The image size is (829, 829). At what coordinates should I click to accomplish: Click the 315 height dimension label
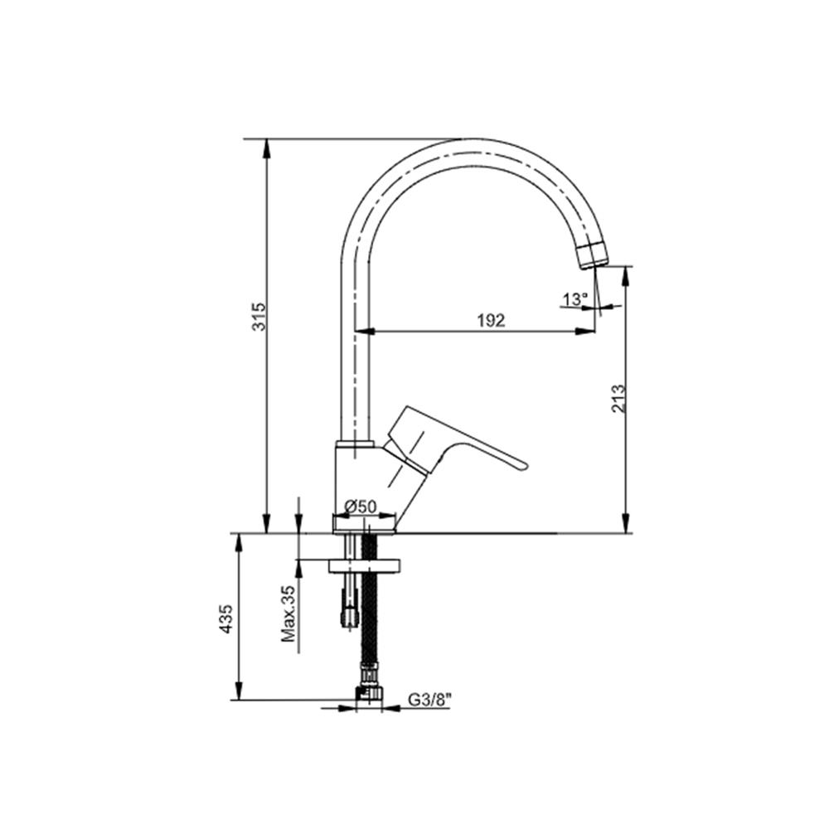click(259, 316)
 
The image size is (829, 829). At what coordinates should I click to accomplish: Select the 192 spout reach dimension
click(491, 320)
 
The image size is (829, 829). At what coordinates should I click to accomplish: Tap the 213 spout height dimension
click(618, 399)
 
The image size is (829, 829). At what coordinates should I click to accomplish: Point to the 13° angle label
click(575, 299)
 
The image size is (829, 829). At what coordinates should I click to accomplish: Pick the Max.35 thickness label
click(288, 613)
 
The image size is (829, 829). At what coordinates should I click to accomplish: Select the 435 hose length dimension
click(226, 618)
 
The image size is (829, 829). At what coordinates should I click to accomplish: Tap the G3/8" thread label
click(429, 700)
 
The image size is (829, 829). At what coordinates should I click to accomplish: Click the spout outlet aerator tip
click(594, 256)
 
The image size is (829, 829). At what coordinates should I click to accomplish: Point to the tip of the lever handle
click(526, 466)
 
